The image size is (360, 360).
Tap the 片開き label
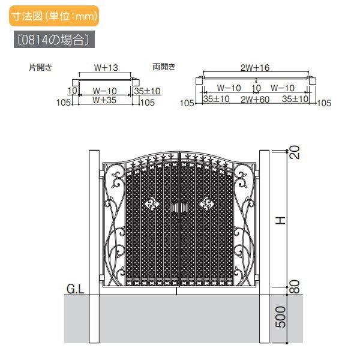[40, 67]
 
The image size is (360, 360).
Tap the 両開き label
[164, 67]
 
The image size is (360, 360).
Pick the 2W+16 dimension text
[256, 68]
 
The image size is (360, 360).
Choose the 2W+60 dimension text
[256, 100]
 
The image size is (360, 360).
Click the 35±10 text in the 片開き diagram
[147, 91]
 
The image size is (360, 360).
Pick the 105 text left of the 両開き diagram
[187, 103]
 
